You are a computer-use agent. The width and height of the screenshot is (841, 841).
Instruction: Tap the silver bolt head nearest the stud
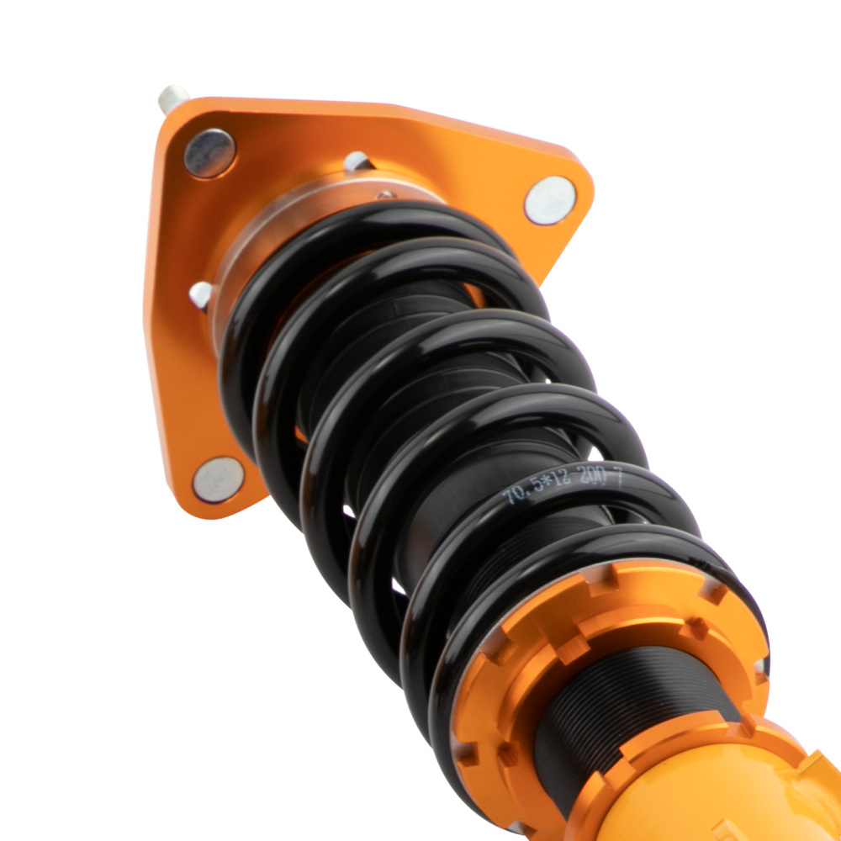(209, 153)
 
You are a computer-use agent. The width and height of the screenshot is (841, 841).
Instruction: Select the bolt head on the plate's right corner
(550, 200)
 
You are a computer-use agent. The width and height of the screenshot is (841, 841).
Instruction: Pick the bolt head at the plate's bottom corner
(218, 479)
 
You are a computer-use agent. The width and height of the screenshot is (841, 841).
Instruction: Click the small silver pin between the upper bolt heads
(357, 161)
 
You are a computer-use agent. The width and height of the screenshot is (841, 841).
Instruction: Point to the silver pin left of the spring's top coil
(201, 294)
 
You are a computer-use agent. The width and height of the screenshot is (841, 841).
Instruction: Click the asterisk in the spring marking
(544, 489)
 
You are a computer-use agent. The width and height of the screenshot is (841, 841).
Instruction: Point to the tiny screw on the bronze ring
(385, 195)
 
